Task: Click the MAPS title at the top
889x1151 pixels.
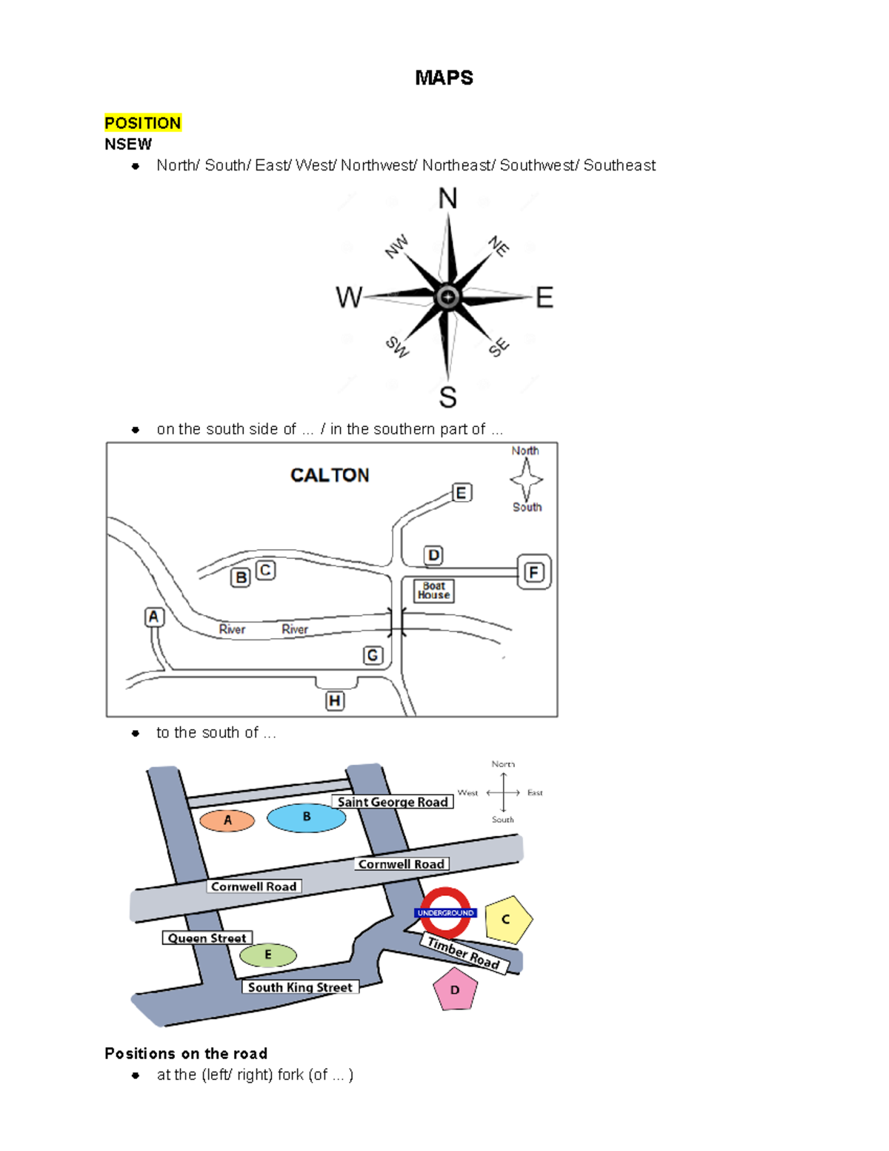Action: [444, 78]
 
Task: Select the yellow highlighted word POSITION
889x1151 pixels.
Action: [143, 123]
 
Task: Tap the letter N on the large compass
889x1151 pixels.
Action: [447, 199]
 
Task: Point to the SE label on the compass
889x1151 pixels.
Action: [499, 346]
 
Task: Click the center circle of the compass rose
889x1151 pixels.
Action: [447, 297]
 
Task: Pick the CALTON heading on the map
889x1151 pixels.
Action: [330, 475]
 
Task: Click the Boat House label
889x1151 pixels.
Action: [433, 591]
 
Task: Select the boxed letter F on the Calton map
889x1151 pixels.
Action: [534, 572]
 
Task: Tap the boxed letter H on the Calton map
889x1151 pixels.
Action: [335, 700]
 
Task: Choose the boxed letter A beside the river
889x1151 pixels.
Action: [153, 617]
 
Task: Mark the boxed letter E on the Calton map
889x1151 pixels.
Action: [462, 493]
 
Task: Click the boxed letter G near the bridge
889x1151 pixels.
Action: [373, 655]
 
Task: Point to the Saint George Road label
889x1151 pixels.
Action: [393, 802]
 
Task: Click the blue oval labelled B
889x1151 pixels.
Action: [306, 817]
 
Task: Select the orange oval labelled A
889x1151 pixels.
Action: [227, 820]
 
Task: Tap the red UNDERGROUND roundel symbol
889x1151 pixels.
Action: [445, 912]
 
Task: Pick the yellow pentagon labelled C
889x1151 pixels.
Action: [507, 920]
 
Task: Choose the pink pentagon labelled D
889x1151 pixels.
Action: [455, 990]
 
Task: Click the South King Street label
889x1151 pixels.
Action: [300, 987]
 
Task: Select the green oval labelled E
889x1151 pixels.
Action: [268, 955]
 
